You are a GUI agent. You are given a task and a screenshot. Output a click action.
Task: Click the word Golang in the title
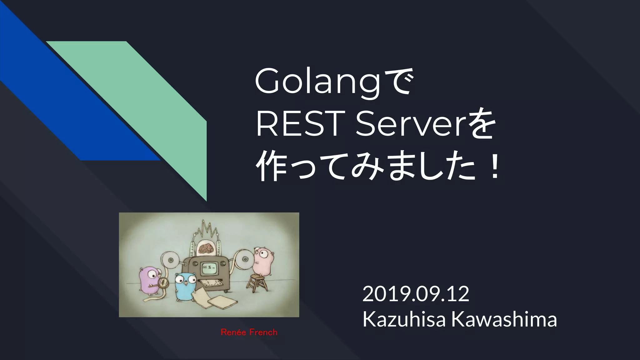coord(317,82)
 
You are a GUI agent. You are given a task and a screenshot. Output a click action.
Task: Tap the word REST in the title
coord(299,125)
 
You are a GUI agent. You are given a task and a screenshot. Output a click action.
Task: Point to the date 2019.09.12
coord(416,294)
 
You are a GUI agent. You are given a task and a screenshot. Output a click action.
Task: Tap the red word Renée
coord(233,332)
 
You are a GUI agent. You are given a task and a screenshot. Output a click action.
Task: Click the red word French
coord(263,332)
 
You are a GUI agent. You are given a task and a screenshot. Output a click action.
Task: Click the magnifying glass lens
coord(164,283)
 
